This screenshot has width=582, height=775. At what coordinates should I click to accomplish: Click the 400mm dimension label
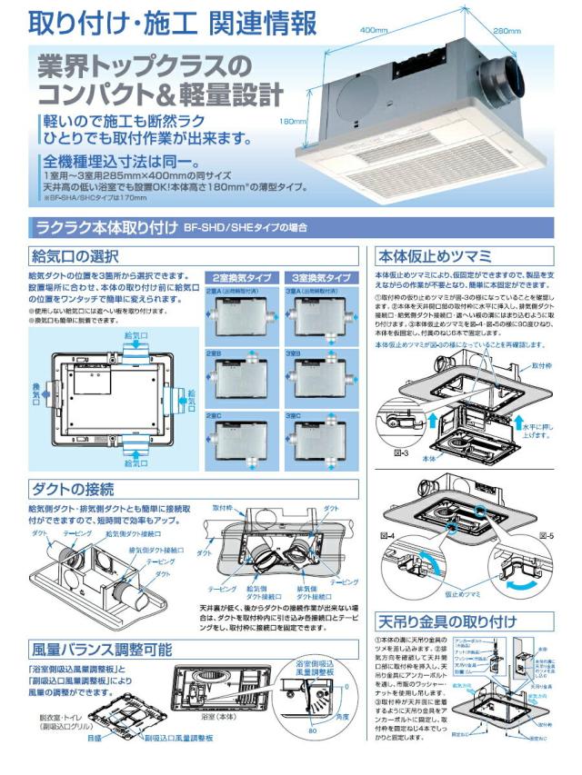(374, 30)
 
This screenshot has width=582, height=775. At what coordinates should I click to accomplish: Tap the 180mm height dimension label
(292, 120)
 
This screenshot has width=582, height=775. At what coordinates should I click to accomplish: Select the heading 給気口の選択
(75, 257)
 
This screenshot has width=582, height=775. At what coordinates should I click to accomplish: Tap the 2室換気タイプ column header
(241, 276)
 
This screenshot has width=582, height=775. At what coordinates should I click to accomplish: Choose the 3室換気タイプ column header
(321, 276)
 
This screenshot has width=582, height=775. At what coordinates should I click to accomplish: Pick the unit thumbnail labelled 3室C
(321, 442)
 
